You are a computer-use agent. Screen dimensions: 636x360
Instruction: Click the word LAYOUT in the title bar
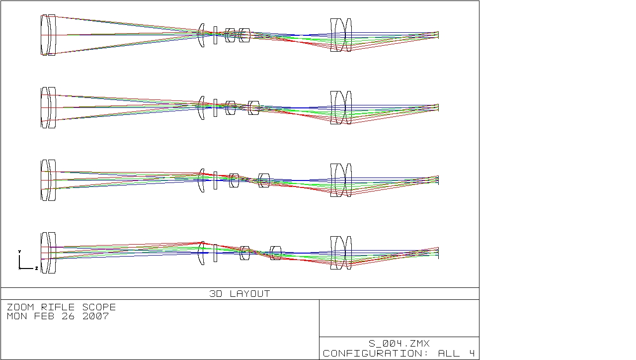[250, 294]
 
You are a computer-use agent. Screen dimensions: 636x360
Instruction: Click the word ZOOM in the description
[20, 307]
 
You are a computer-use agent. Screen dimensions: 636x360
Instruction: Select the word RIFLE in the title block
[58, 307]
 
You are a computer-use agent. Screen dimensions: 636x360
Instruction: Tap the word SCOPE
[99, 307]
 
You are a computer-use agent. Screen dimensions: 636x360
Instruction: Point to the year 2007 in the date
[96, 316]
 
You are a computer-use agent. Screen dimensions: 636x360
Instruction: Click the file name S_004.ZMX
[399, 344]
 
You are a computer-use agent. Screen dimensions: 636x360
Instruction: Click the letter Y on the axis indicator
[19, 252]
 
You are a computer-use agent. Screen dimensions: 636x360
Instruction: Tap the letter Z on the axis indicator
[36, 268]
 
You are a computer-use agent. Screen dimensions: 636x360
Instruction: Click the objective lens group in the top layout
[48, 35]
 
